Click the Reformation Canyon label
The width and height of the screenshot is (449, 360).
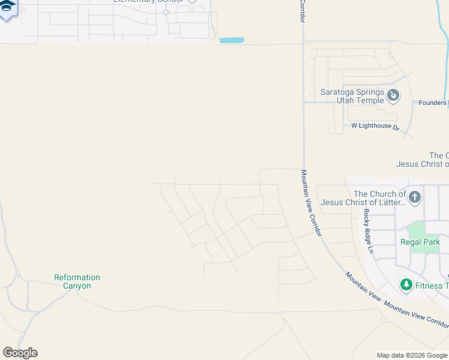click(x=77, y=281)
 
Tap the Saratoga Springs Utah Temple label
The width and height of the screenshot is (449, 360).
click(x=352, y=96)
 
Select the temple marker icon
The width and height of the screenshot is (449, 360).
click(x=393, y=95)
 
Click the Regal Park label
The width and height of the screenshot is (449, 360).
click(x=420, y=242)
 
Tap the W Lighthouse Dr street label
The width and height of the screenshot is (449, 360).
click(x=375, y=127)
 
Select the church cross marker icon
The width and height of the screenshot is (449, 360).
click(x=414, y=197)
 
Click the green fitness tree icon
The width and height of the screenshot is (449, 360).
click(x=406, y=284)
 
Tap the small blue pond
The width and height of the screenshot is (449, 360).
click(x=232, y=40)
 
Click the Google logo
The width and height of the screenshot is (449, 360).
click(x=20, y=352)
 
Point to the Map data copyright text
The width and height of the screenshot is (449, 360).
click(x=412, y=356)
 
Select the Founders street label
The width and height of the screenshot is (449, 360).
click(x=432, y=103)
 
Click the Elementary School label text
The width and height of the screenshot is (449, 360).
click(x=148, y=2)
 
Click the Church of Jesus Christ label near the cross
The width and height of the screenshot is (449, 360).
click(x=364, y=198)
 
